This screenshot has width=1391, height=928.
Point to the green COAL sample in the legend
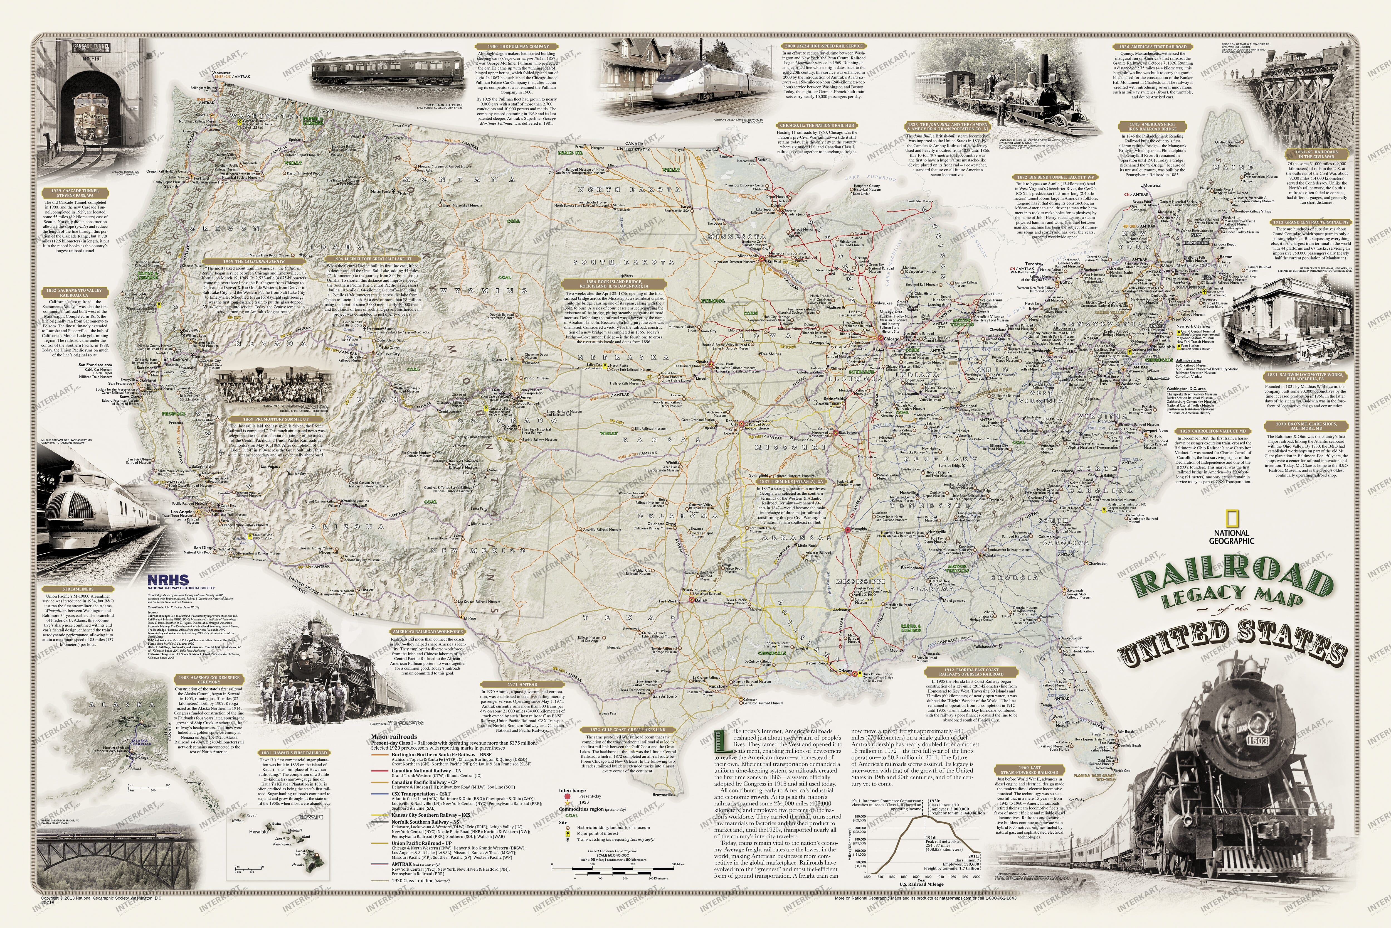point(571,816)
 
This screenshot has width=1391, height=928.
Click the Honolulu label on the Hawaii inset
point(243,832)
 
